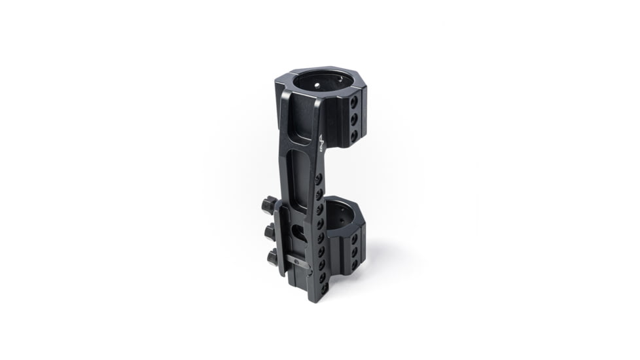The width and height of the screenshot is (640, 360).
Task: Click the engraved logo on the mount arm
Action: point(321,143)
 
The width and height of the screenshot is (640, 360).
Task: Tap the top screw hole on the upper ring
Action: point(353,103)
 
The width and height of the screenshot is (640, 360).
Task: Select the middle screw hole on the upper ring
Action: point(353,118)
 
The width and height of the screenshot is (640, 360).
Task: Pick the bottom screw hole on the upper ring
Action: point(354,135)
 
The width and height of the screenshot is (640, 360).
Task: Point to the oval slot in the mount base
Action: point(298,233)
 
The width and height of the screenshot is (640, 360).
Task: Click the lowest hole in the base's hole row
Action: point(323,288)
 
